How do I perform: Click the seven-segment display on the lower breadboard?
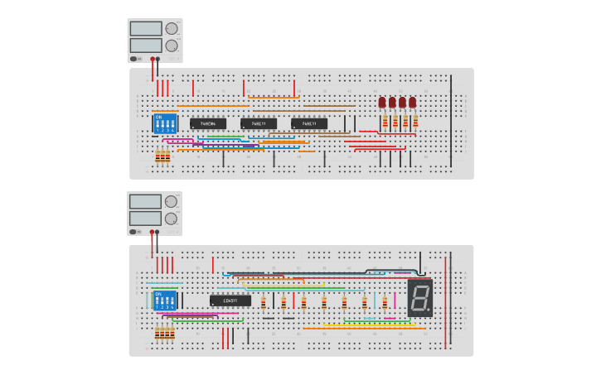coord(420,297)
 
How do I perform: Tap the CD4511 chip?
coord(230,300)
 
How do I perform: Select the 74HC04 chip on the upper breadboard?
coord(207,123)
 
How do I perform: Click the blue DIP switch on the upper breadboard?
coord(164,123)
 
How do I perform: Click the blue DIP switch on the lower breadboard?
coord(164,299)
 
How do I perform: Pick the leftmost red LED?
coord(382,103)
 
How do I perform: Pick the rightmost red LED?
coord(412,103)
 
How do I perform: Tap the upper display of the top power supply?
coord(146,29)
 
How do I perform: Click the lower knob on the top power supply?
coord(172,46)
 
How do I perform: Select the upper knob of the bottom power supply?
coord(172,201)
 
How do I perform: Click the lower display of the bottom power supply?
coord(145,218)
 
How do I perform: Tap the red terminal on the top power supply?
coord(152,59)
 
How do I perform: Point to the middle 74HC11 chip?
coord(259,123)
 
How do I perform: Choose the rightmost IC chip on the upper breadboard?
coord(309,123)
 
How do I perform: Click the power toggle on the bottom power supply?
coord(133,232)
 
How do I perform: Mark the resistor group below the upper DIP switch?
coord(162,155)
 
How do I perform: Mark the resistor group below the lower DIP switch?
coord(164,333)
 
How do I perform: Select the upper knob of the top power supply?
coord(172,28)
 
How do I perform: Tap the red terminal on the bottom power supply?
coord(152,232)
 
